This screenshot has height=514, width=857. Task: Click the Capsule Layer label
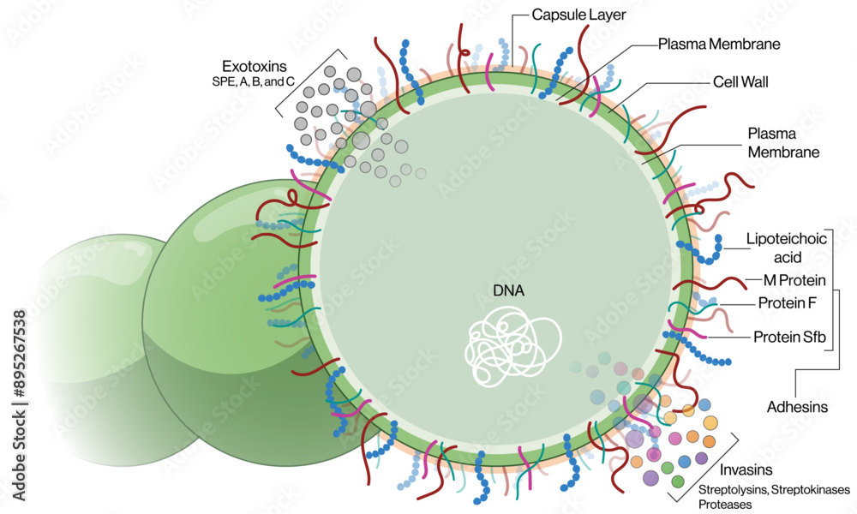coord(578,15)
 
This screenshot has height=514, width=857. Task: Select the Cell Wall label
coord(740,82)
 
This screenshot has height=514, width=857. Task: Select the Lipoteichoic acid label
coord(785,248)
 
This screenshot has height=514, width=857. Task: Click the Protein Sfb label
coord(788,337)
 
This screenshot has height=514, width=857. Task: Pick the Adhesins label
coord(798,407)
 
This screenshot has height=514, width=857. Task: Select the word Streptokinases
coord(804,490)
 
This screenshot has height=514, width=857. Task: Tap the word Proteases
coord(725,505)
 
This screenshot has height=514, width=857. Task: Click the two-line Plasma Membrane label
coord(783,142)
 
